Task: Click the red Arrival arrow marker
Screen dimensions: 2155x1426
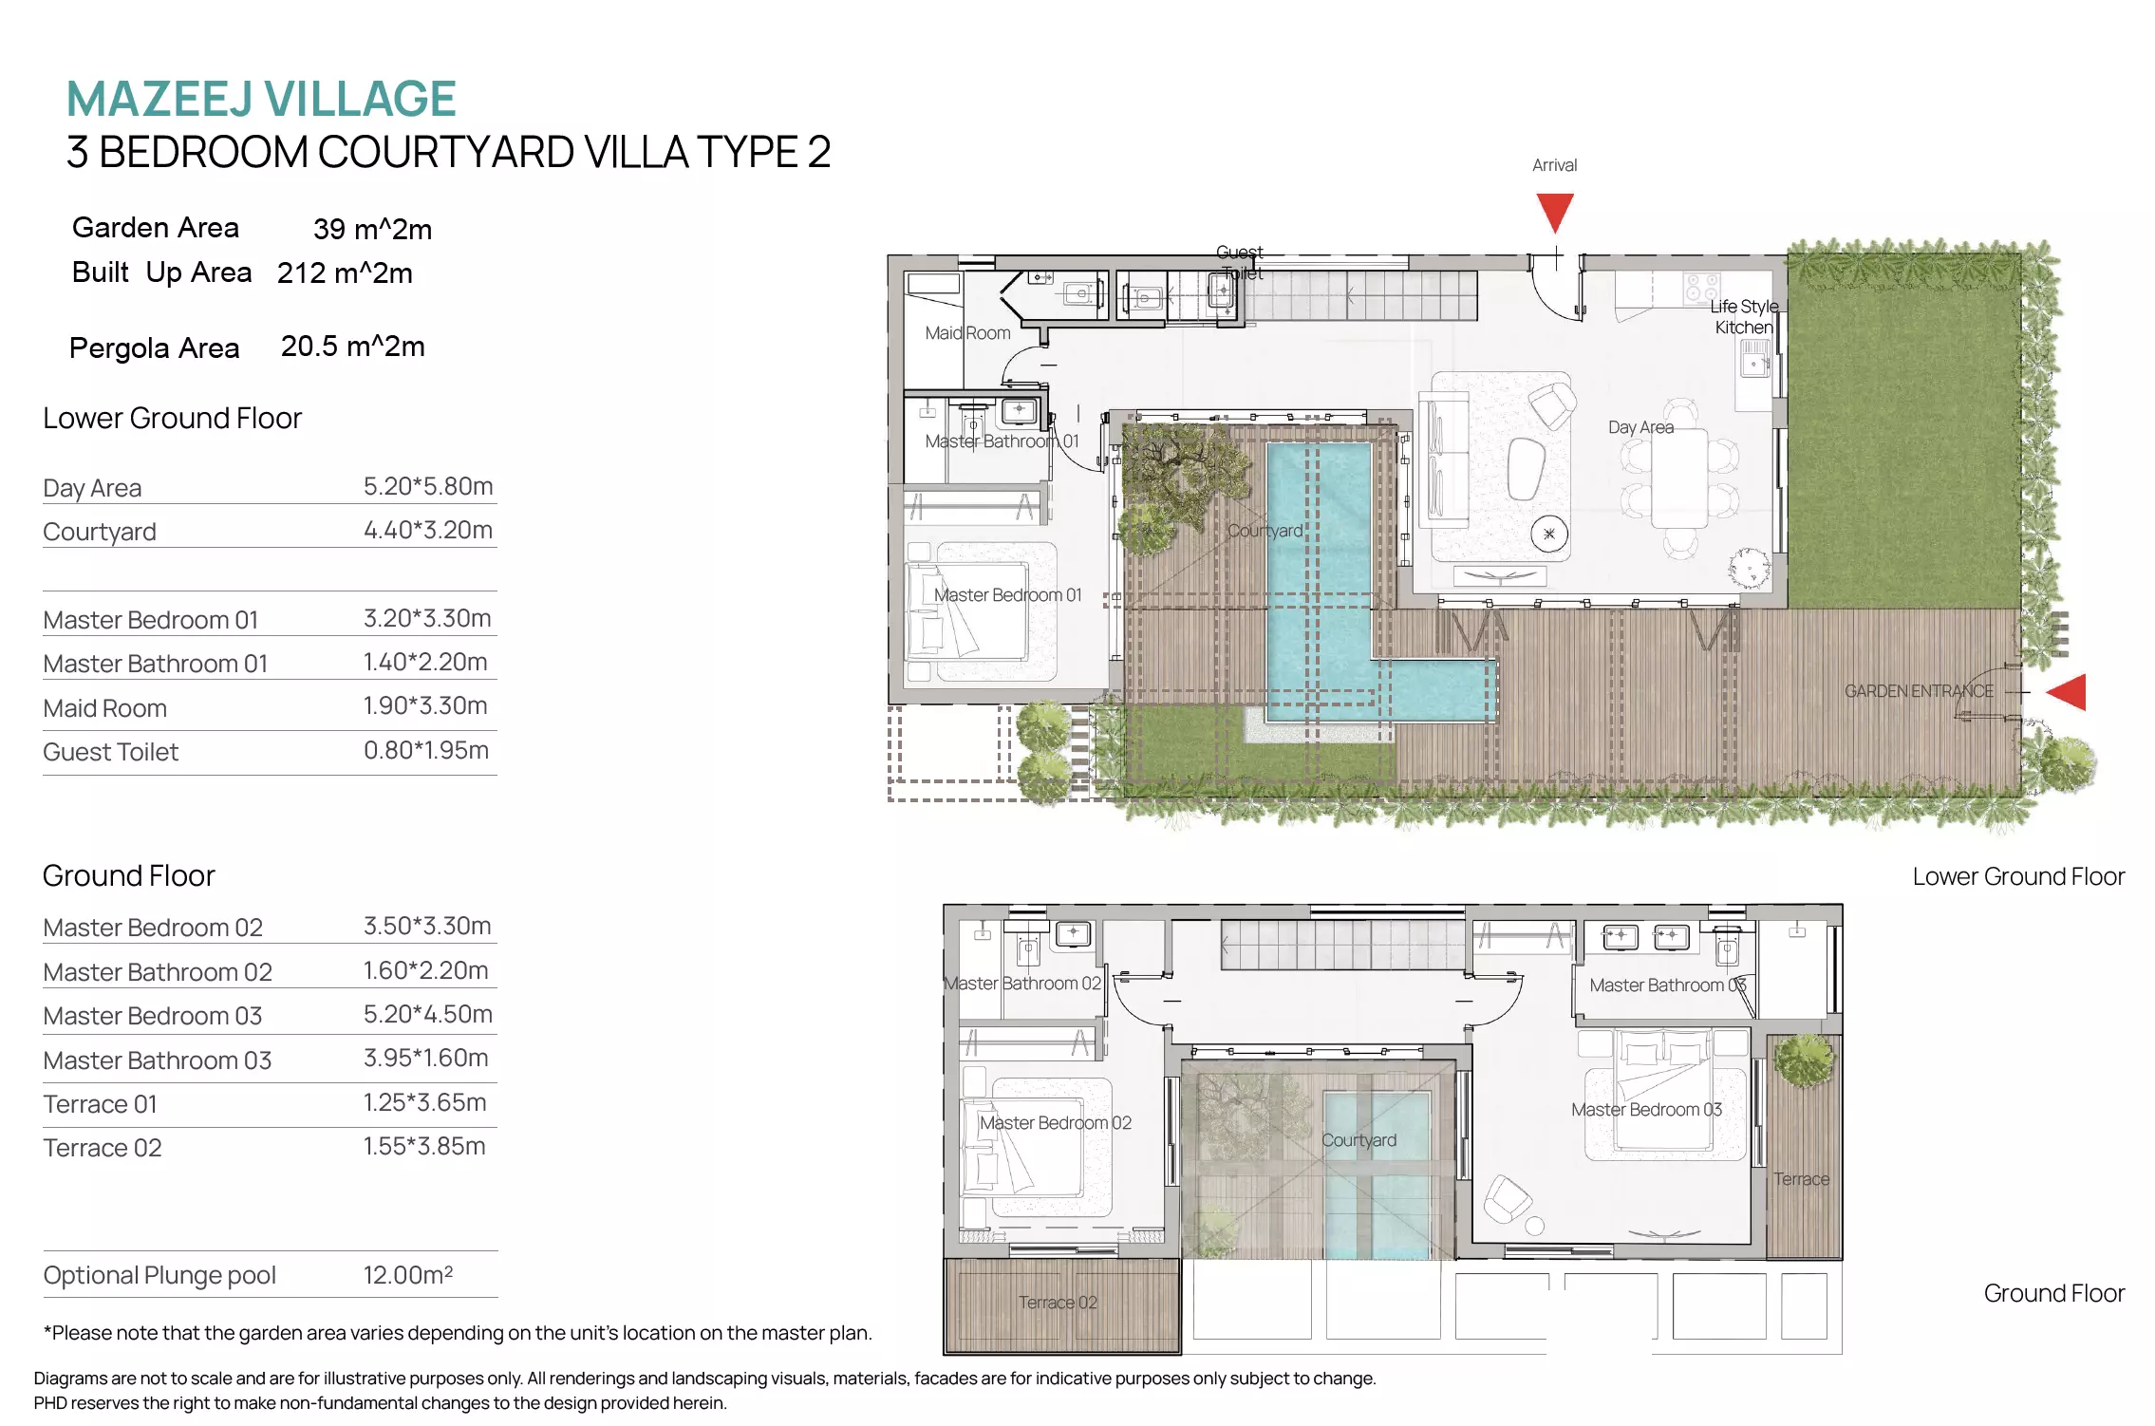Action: click(1555, 211)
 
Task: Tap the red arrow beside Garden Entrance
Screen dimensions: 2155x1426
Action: click(2068, 692)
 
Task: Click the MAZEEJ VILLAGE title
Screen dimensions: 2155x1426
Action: click(261, 99)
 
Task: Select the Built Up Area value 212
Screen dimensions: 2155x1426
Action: click(302, 273)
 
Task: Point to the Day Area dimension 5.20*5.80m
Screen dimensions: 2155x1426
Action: click(428, 486)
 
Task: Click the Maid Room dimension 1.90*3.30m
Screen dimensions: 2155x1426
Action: click(425, 705)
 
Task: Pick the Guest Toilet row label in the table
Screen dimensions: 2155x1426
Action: click(110, 752)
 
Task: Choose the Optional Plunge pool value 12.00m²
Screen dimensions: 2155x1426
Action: click(408, 1274)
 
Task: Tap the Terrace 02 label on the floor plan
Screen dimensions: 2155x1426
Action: click(1058, 1303)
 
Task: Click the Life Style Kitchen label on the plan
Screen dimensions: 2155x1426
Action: click(1744, 317)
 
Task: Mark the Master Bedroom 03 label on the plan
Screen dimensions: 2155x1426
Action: click(1646, 1110)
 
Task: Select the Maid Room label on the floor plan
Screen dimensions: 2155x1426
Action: click(967, 333)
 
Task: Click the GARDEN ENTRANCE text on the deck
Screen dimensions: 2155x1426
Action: click(1919, 691)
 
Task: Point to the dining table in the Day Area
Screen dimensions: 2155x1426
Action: click(1679, 478)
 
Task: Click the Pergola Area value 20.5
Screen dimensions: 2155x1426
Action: click(309, 347)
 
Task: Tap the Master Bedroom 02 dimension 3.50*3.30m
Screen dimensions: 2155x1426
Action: click(427, 926)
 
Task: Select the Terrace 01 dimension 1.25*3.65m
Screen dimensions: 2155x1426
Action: click(424, 1102)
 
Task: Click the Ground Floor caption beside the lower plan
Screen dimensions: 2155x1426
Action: click(2054, 1293)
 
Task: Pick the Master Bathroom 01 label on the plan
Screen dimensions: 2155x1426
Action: click(1002, 441)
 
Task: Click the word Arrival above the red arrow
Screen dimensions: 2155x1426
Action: click(1554, 165)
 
